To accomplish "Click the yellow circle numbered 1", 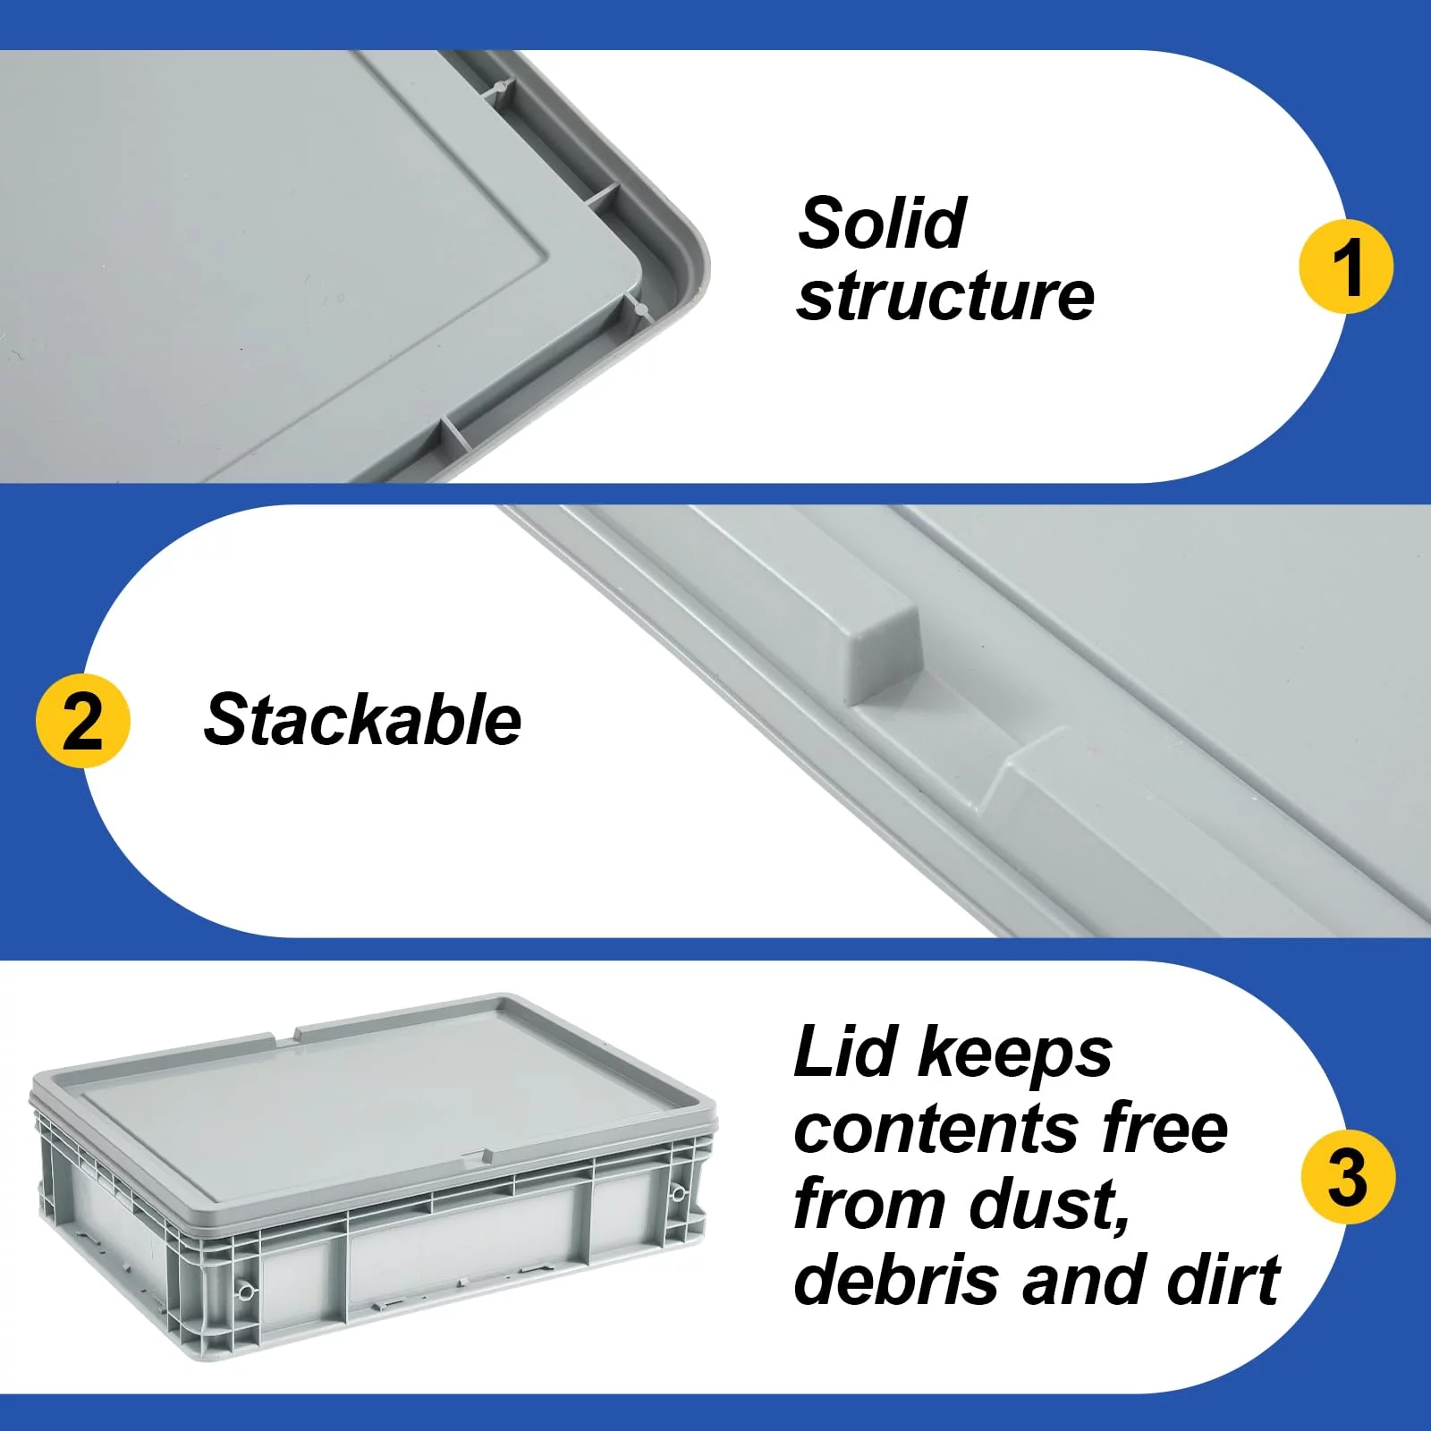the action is pyautogui.click(x=1346, y=266).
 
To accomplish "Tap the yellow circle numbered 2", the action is pyautogui.click(x=83, y=721).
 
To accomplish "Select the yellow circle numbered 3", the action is pyautogui.click(x=1348, y=1177).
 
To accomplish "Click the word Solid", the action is pyautogui.click(x=882, y=223).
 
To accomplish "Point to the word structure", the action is pyautogui.click(x=945, y=296).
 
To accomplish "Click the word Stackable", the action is pyautogui.click(x=362, y=720).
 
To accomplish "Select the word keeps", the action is pyautogui.click(x=1015, y=1055).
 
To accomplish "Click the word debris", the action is pyautogui.click(x=895, y=1279).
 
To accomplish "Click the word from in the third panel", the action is pyautogui.click(x=868, y=1204).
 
